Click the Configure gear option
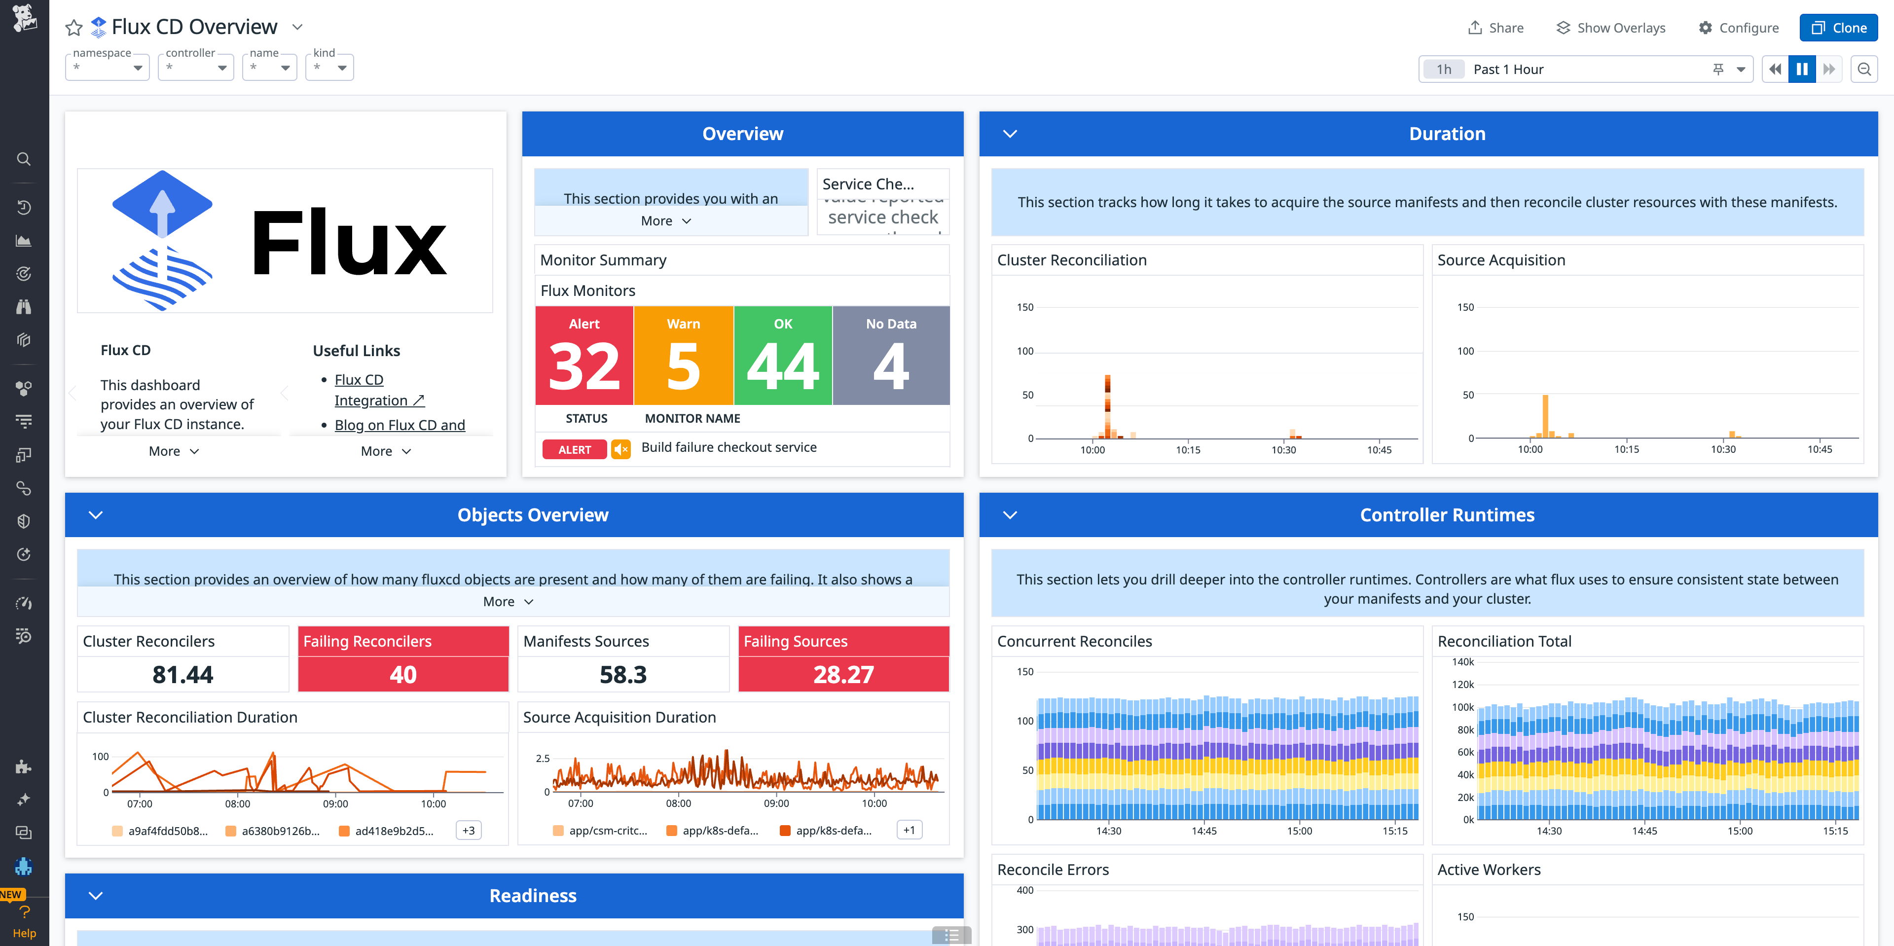(x=1738, y=28)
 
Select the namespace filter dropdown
(x=108, y=68)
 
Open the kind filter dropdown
(x=329, y=68)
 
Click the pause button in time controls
(x=1801, y=69)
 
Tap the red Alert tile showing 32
(x=584, y=356)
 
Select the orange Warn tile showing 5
(x=683, y=356)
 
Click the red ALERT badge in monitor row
(x=574, y=450)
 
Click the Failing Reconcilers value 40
(x=403, y=674)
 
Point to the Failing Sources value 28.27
(x=843, y=674)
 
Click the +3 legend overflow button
(x=469, y=831)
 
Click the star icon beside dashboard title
(x=73, y=28)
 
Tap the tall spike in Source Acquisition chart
(x=1545, y=415)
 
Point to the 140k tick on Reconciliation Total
(x=1462, y=662)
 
